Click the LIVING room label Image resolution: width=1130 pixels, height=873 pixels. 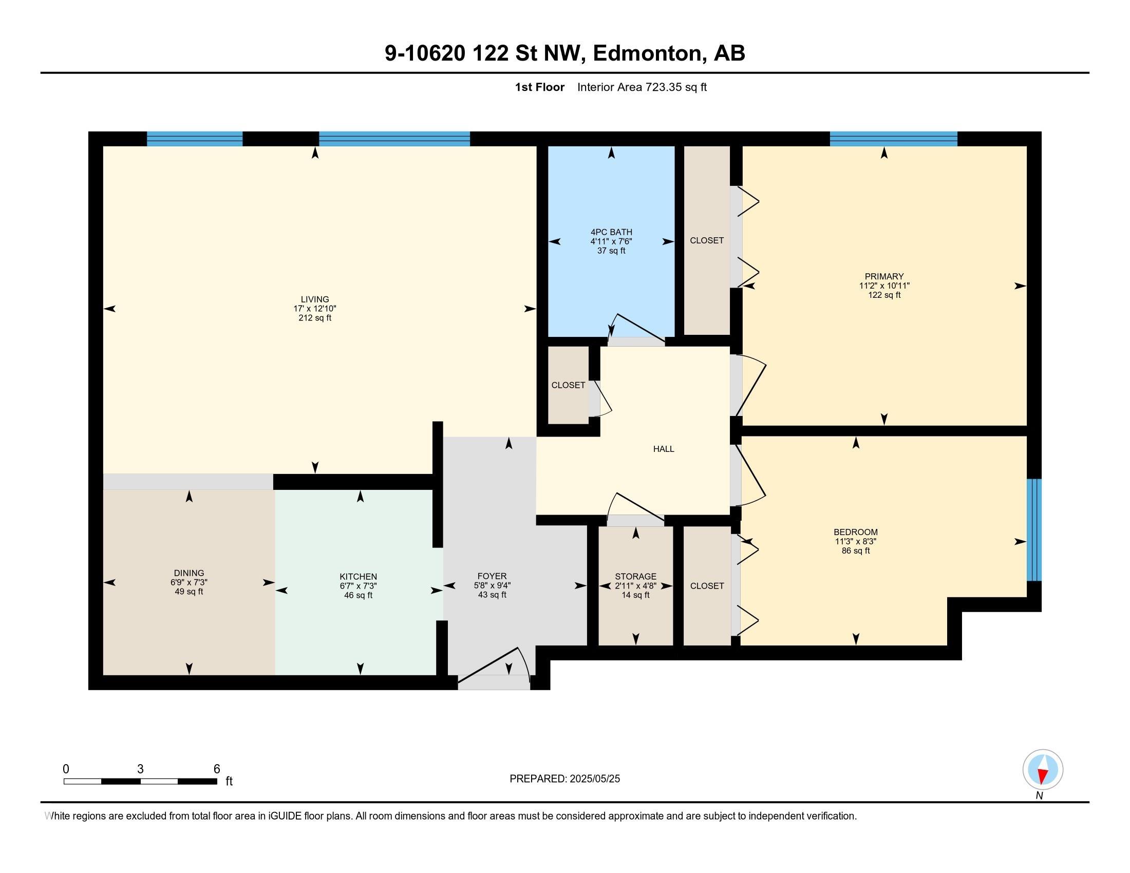click(x=314, y=299)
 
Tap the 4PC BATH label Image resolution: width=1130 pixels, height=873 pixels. click(x=611, y=232)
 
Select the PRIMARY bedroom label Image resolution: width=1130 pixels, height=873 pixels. click(x=884, y=276)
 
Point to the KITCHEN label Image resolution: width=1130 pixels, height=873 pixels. click(x=358, y=577)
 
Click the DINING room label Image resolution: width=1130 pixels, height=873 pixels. click(x=189, y=573)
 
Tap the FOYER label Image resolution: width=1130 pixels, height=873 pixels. click(x=492, y=576)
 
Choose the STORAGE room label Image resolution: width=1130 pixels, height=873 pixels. click(x=635, y=576)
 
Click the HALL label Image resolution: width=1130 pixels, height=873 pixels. click(x=663, y=449)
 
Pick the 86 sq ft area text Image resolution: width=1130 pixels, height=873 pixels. click(x=856, y=551)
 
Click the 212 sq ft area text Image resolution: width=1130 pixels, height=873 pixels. click(x=314, y=317)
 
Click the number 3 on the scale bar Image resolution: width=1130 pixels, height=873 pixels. click(x=140, y=769)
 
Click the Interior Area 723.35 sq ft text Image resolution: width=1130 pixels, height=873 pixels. click(x=642, y=87)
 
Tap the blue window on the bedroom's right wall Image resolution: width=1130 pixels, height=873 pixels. click(x=1034, y=530)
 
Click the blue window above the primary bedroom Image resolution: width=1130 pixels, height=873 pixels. click(x=894, y=139)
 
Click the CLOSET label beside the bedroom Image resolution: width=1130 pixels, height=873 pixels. click(x=707, y=586)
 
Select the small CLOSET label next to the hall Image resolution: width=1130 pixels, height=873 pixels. click(x=568, y=385)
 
